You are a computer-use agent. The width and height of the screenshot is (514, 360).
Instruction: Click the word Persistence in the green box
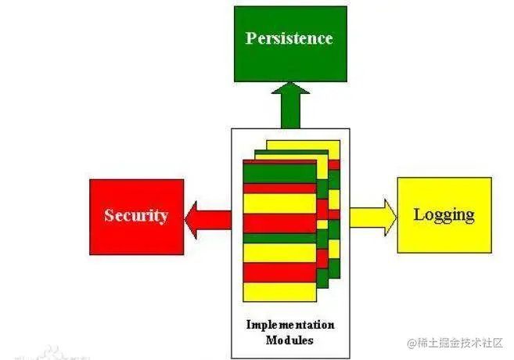click(x=289, y=38)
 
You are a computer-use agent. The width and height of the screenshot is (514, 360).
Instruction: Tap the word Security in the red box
click(x=136, y=215)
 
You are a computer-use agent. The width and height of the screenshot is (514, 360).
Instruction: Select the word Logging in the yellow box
click(x=444, y=214)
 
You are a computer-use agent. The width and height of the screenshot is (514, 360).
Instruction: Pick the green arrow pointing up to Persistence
click(x=290, y=102)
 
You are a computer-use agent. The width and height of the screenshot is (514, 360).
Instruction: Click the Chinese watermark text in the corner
click(x=462, y=343)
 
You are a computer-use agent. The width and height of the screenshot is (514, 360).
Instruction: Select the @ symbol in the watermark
click(x=412, y=343)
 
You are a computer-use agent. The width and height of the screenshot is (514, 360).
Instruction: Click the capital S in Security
click(x=109, y=215)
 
